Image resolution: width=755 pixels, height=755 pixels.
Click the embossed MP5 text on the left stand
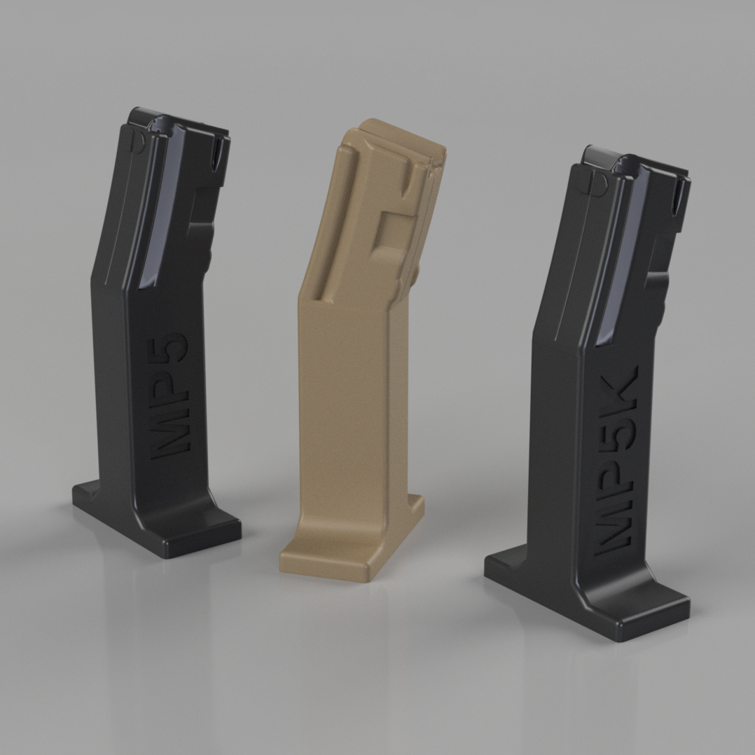click(169, 396)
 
